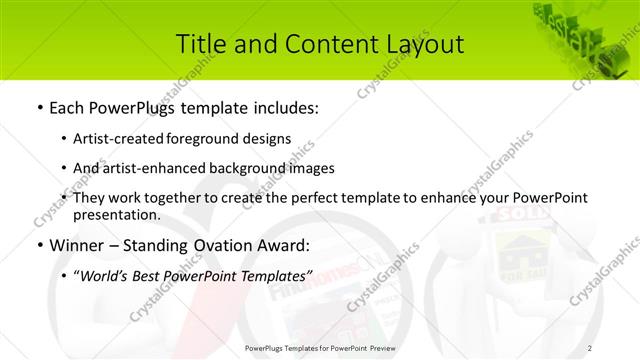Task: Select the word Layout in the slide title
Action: [424, 45]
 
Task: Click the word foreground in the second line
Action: [218, 139]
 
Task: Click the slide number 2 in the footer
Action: [590, 347]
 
